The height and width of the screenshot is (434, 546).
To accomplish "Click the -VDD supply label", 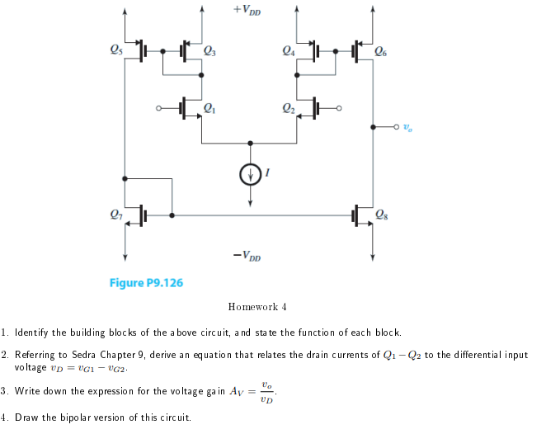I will [248, 256].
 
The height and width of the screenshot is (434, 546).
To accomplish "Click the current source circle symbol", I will [249, 174].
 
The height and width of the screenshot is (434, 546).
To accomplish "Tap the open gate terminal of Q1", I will [159, 108].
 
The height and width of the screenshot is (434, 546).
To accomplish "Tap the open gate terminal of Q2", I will [339, 108].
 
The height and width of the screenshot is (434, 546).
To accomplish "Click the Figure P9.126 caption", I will [146, 283].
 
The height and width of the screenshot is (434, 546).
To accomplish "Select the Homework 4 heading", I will [257, 307].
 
